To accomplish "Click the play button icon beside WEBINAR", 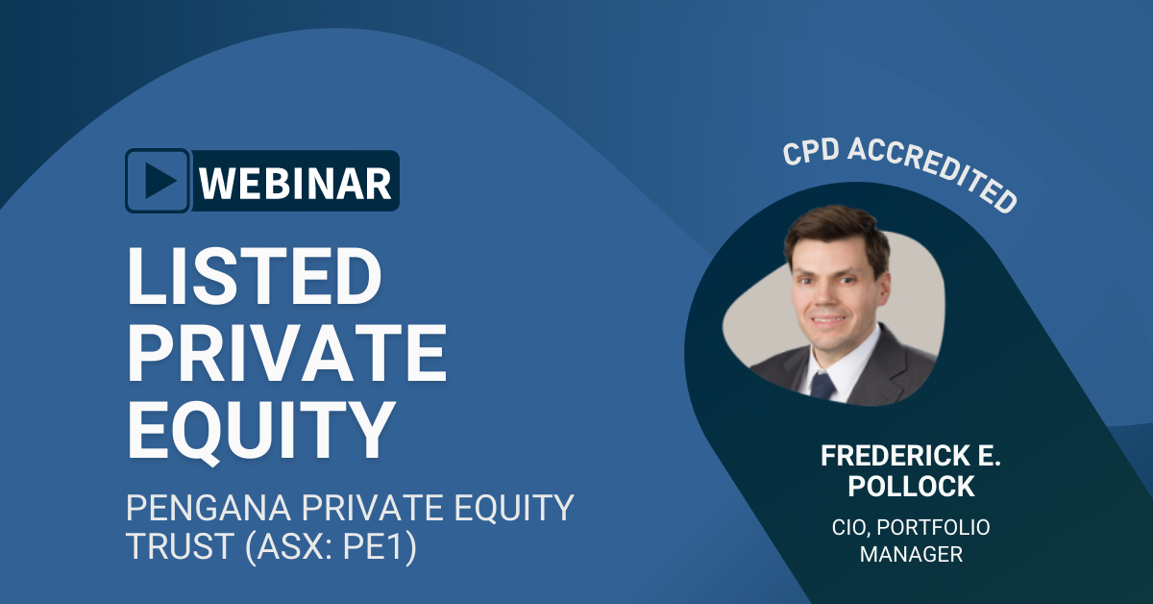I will pyautogui.click(x=159, y=181).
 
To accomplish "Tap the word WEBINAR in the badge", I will pyautogui.click(x=296, y=182).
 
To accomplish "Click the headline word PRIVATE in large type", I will pyautogui.click(x=287, y=354).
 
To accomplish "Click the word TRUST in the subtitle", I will pyautogui.click(x=172, y=549).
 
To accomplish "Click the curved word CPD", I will pyautogui.click(x=812, y=152).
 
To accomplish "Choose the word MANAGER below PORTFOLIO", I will pyautogui.click(x=911, y=555).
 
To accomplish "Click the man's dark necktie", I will pyautogui.click(x=822, y=387).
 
